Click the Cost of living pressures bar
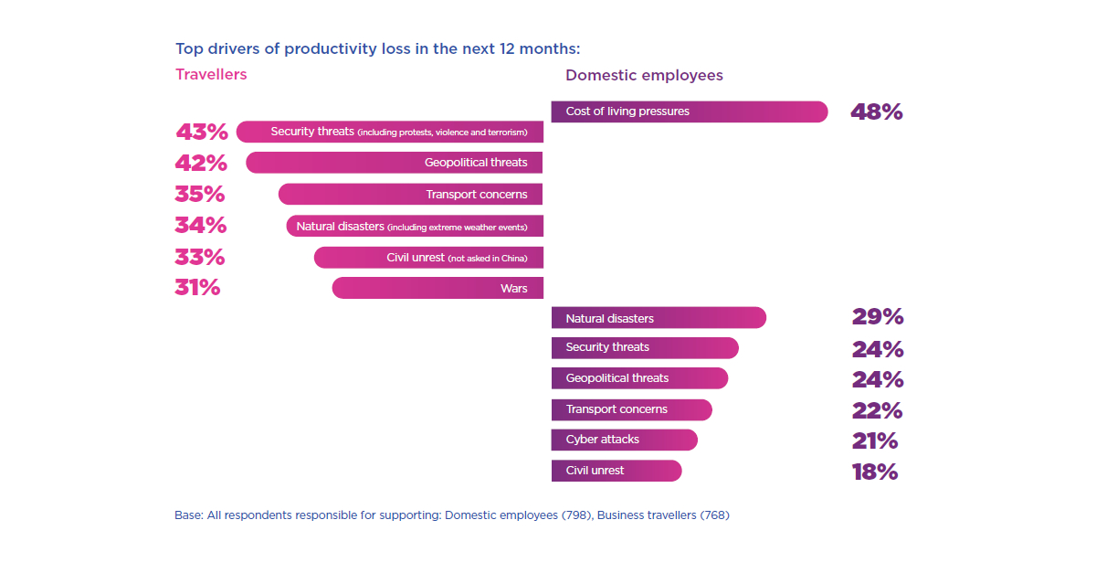690,111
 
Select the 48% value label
876,112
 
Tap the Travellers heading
211,75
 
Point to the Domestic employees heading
644,76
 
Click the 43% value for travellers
201,133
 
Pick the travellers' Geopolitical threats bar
394,163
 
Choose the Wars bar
437,288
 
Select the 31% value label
197,288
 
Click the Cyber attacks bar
624,440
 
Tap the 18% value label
875,472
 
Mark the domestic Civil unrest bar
616,471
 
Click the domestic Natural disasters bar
659,318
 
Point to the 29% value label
878,317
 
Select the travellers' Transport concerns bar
410,194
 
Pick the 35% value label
199,195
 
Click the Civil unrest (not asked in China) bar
428,258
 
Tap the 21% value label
875,441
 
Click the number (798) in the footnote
575,515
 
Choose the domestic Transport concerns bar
631,409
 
